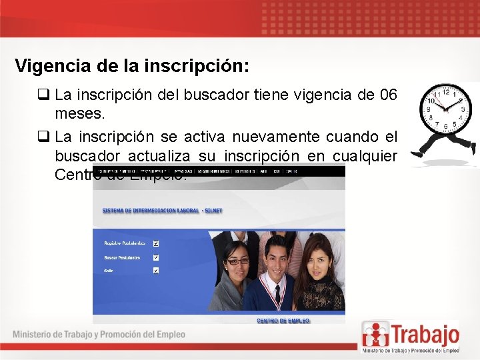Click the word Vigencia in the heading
click(45, 66)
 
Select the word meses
click(80, 114)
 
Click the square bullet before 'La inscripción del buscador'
click(45, 95)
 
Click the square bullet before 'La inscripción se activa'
click(45, 137)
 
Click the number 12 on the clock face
click(445, 91)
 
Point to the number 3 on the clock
click(461, 109)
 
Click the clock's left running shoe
click(418, 152)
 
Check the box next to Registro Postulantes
click(156, 243)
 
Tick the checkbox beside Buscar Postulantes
click(156, 257)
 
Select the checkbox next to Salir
click(156, 270)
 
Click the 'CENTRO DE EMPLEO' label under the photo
click(283, 321)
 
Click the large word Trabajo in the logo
click(425, 333)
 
